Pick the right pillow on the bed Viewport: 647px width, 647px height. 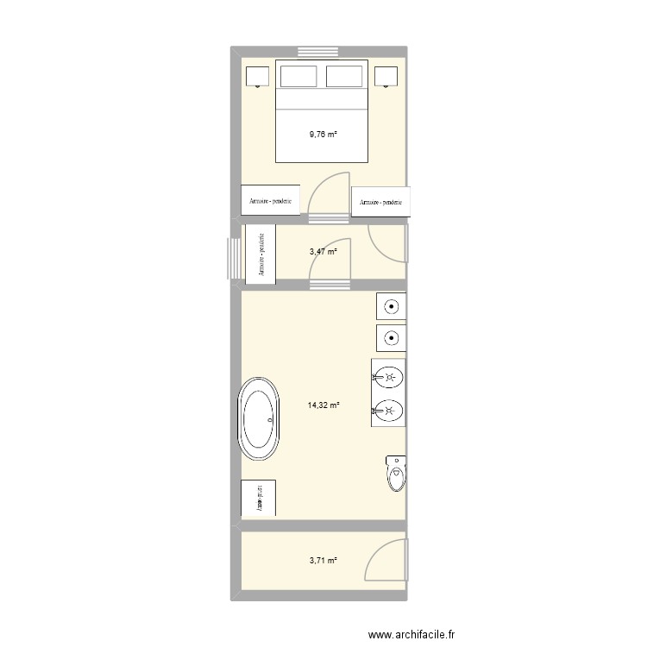click(345, 76)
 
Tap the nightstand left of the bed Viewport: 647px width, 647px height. click(257, 78)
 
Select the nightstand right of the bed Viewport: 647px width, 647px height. click(386, 78)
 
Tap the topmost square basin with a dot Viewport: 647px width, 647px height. click(391, 306)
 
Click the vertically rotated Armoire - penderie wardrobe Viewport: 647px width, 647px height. click(260, 253)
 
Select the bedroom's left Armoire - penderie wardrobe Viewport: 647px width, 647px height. click(271, 200)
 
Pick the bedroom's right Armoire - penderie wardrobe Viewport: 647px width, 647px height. click(380, 201)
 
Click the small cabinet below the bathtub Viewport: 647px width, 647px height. click(258, 498)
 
